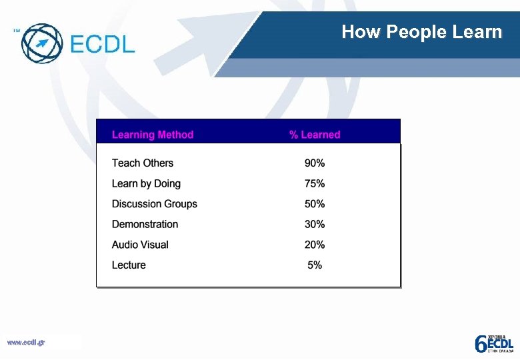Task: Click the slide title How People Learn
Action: click(421, 32)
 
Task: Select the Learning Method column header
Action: click(153, 135)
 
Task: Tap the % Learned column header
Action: click(315, 135)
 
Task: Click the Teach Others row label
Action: click(143, 163)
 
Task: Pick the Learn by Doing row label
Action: click(146, 184)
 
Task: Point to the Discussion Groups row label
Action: click(155, 204)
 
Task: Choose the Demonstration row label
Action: click(145, 225)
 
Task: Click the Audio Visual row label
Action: click(140, 245)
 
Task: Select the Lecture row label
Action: click(129, 265)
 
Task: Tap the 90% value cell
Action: click(315, 163)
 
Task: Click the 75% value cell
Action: click(315, 184)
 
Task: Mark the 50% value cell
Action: click(315, 204)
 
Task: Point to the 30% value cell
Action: click(315, 225)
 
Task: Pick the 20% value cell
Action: click(315, 245)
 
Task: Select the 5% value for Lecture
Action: click(315, 265)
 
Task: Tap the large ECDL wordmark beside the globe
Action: click(102, 44)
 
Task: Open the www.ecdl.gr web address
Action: click(26, 343)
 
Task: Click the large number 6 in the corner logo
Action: click(480, 344)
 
